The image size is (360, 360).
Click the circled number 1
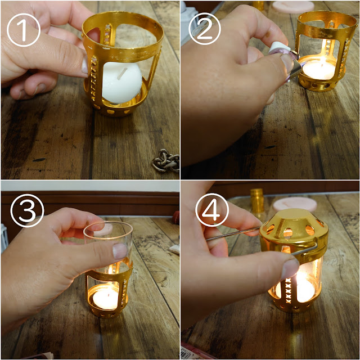click(x=24, y=30)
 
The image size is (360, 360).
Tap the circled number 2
click(x=205, y=29)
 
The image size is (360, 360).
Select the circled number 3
click(x=27, y=210)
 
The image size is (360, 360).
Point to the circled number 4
click(x=212, y=210)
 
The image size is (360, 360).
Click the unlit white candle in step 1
click(x=121, y=82)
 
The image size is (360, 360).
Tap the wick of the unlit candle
click(x=122, y=73)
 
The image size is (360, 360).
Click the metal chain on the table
click(x=166, y=160)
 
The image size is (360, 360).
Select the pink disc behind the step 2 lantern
click(x=293, y=7)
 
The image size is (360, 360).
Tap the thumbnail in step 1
click(x=85, y=65)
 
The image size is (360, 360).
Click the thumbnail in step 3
click(x=120, y=251)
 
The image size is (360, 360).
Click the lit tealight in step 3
click(x=105, y=299)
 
